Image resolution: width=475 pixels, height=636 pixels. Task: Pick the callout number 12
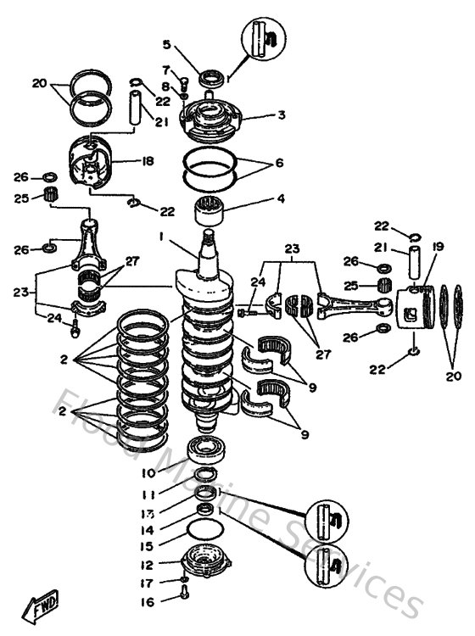(x=147, y=565)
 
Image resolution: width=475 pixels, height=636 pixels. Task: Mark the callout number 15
(x=147, y=547)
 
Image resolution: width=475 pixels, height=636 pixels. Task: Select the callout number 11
(x=148, y=494)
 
